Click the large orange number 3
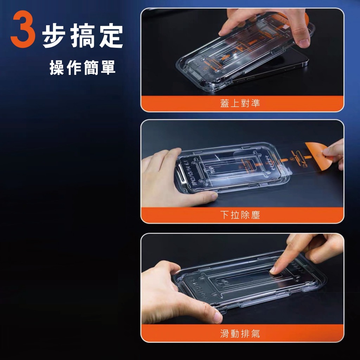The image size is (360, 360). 23,29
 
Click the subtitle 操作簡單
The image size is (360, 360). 82,67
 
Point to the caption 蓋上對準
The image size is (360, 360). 240,103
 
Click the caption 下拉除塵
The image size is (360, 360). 240,215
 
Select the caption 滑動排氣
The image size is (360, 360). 240,333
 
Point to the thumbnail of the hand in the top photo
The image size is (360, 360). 304,43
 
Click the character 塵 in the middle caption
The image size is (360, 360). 256,215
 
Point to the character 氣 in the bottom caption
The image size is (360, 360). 256,333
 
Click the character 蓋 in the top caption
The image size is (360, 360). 225,103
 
